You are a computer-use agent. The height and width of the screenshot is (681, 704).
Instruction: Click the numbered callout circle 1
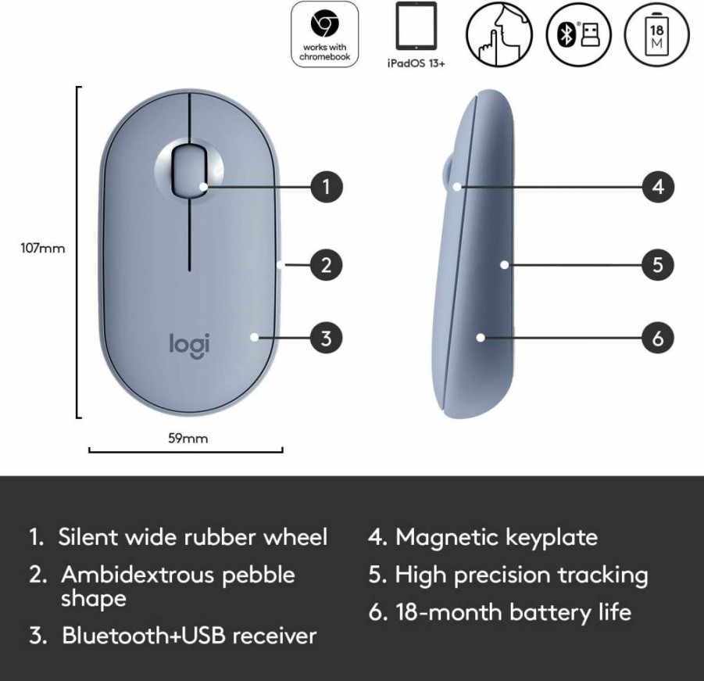pos(327,187)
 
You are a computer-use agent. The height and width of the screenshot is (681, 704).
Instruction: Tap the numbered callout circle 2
pos(327,265)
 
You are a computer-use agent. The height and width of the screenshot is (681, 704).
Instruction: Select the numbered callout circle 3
pos(327,339)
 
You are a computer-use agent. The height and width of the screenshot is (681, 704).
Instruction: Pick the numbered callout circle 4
pos(658,187)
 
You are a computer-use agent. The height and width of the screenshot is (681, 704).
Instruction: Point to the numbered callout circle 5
pos(658,265)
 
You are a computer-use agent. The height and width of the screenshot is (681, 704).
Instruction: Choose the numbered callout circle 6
pos(658,339)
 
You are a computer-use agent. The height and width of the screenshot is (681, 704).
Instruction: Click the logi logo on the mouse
pos(189,346)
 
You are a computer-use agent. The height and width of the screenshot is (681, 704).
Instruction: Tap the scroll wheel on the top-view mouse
pos(189,170)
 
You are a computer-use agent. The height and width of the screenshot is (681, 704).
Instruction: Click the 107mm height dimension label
pos(43,249)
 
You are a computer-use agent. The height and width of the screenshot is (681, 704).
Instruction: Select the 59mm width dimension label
pos(188,439)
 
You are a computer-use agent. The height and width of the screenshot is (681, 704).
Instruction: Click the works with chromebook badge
pos(325,34)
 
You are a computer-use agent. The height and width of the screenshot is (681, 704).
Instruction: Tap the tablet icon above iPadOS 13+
pos(416,26)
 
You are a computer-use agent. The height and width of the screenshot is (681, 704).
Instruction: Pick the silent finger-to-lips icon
pos(499,34)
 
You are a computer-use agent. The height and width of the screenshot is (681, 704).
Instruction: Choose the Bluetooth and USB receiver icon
pos(579,34)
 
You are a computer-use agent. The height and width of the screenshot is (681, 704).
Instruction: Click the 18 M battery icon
pos(657,34)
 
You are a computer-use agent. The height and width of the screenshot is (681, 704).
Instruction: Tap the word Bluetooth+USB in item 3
pos(144,636)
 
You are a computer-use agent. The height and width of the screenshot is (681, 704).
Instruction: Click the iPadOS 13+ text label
pos(416,63)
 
